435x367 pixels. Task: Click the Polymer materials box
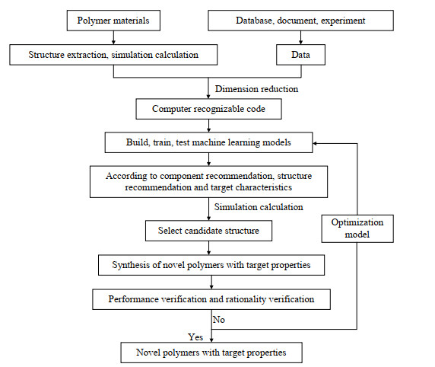point(113,21)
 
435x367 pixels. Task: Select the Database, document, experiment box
point(300,21)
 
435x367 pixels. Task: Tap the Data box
point(300,55)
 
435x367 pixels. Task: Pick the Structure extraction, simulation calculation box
point(113,55)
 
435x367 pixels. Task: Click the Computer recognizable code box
point(208,109)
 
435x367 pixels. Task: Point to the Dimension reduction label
point(256,89)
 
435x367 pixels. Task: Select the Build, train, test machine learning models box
point(208,142)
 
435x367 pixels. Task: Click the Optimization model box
point(357,228)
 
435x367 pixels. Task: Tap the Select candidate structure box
point(208,231)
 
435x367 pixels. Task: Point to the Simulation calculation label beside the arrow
point(259,207)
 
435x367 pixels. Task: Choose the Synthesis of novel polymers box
point(211,265)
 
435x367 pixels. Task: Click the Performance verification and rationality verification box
point(211,299)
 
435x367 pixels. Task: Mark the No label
point(218,320)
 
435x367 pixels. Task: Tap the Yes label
point(195,337)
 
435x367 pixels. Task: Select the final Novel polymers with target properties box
point(211,353)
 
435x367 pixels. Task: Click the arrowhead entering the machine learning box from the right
point(315,143)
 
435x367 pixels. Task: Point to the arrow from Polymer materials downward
point(113,37)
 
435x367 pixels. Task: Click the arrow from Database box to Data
point(300,37)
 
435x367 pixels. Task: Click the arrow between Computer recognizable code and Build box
point(208,126)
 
